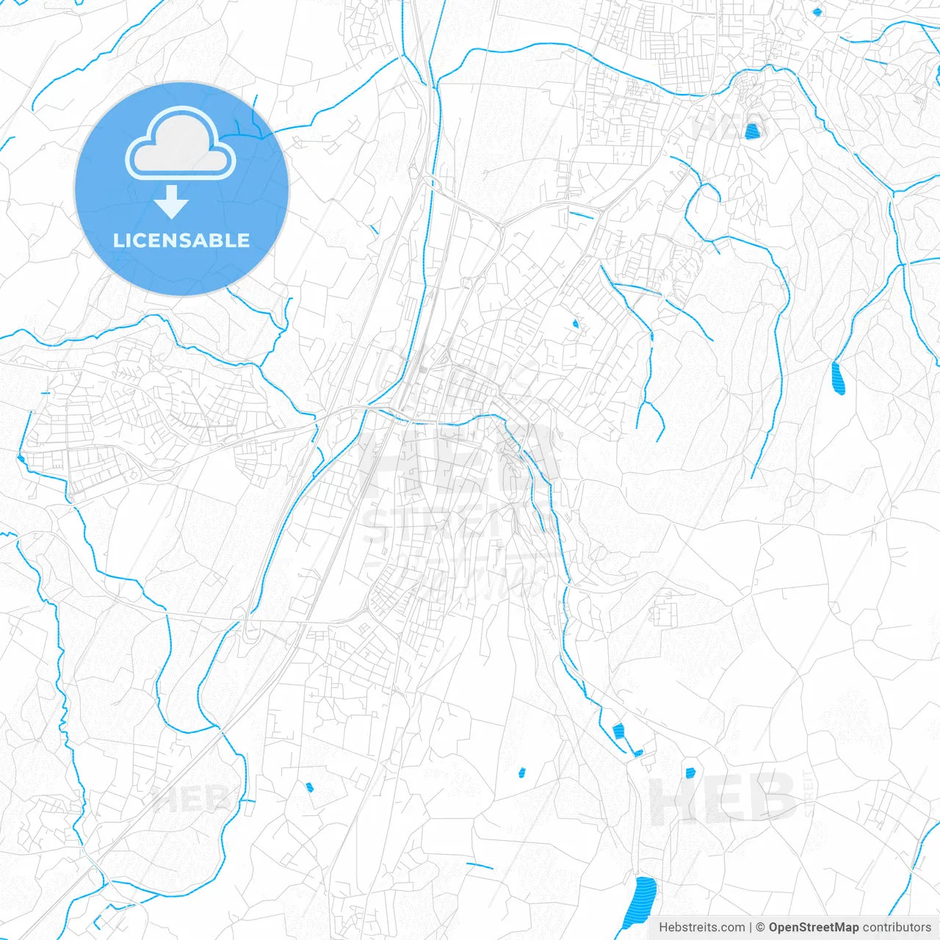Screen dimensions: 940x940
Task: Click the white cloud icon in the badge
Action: pos(181,143)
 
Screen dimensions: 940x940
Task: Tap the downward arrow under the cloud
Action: pos(172,202)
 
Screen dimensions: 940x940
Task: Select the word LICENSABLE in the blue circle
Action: pos(181,240)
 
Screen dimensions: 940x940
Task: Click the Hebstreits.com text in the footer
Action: pos(701,928)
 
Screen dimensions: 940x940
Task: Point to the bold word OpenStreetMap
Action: pos(813,928)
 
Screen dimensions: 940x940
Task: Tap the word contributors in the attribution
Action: pos(896,928)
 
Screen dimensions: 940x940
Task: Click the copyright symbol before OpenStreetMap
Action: pos(760,928)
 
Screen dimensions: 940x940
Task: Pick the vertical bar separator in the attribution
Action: pos(750,928)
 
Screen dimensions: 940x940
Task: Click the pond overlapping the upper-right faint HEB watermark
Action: pos(751,131)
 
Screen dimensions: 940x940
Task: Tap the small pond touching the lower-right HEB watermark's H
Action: pos(690,773)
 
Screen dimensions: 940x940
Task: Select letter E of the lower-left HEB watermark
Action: pos(193,799)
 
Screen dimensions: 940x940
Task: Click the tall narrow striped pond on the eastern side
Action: pos(838,378)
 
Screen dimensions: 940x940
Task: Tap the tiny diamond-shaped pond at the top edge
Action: pos(817,11)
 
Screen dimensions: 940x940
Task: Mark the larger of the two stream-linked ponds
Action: pos(618,731)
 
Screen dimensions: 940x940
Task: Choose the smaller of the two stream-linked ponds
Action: pos(638,753)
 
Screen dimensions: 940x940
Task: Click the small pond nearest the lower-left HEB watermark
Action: pos(309,787)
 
